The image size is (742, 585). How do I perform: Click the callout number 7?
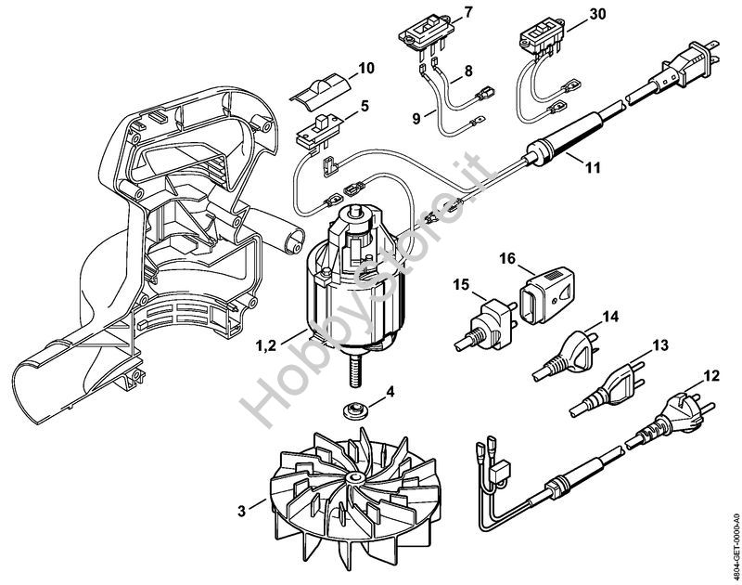[467, 12]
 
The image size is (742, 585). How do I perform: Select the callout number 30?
[596, 14]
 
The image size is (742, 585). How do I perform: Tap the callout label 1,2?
[266, 345]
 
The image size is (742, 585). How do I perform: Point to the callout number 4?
[390, 392]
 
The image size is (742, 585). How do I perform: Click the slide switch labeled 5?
[318, 130]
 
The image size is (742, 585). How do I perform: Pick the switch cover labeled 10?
[320, 89]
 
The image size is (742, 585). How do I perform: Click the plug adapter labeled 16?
[547, 294]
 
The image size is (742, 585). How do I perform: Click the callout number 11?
[593, 167]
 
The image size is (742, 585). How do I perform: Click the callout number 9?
[416, 118]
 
